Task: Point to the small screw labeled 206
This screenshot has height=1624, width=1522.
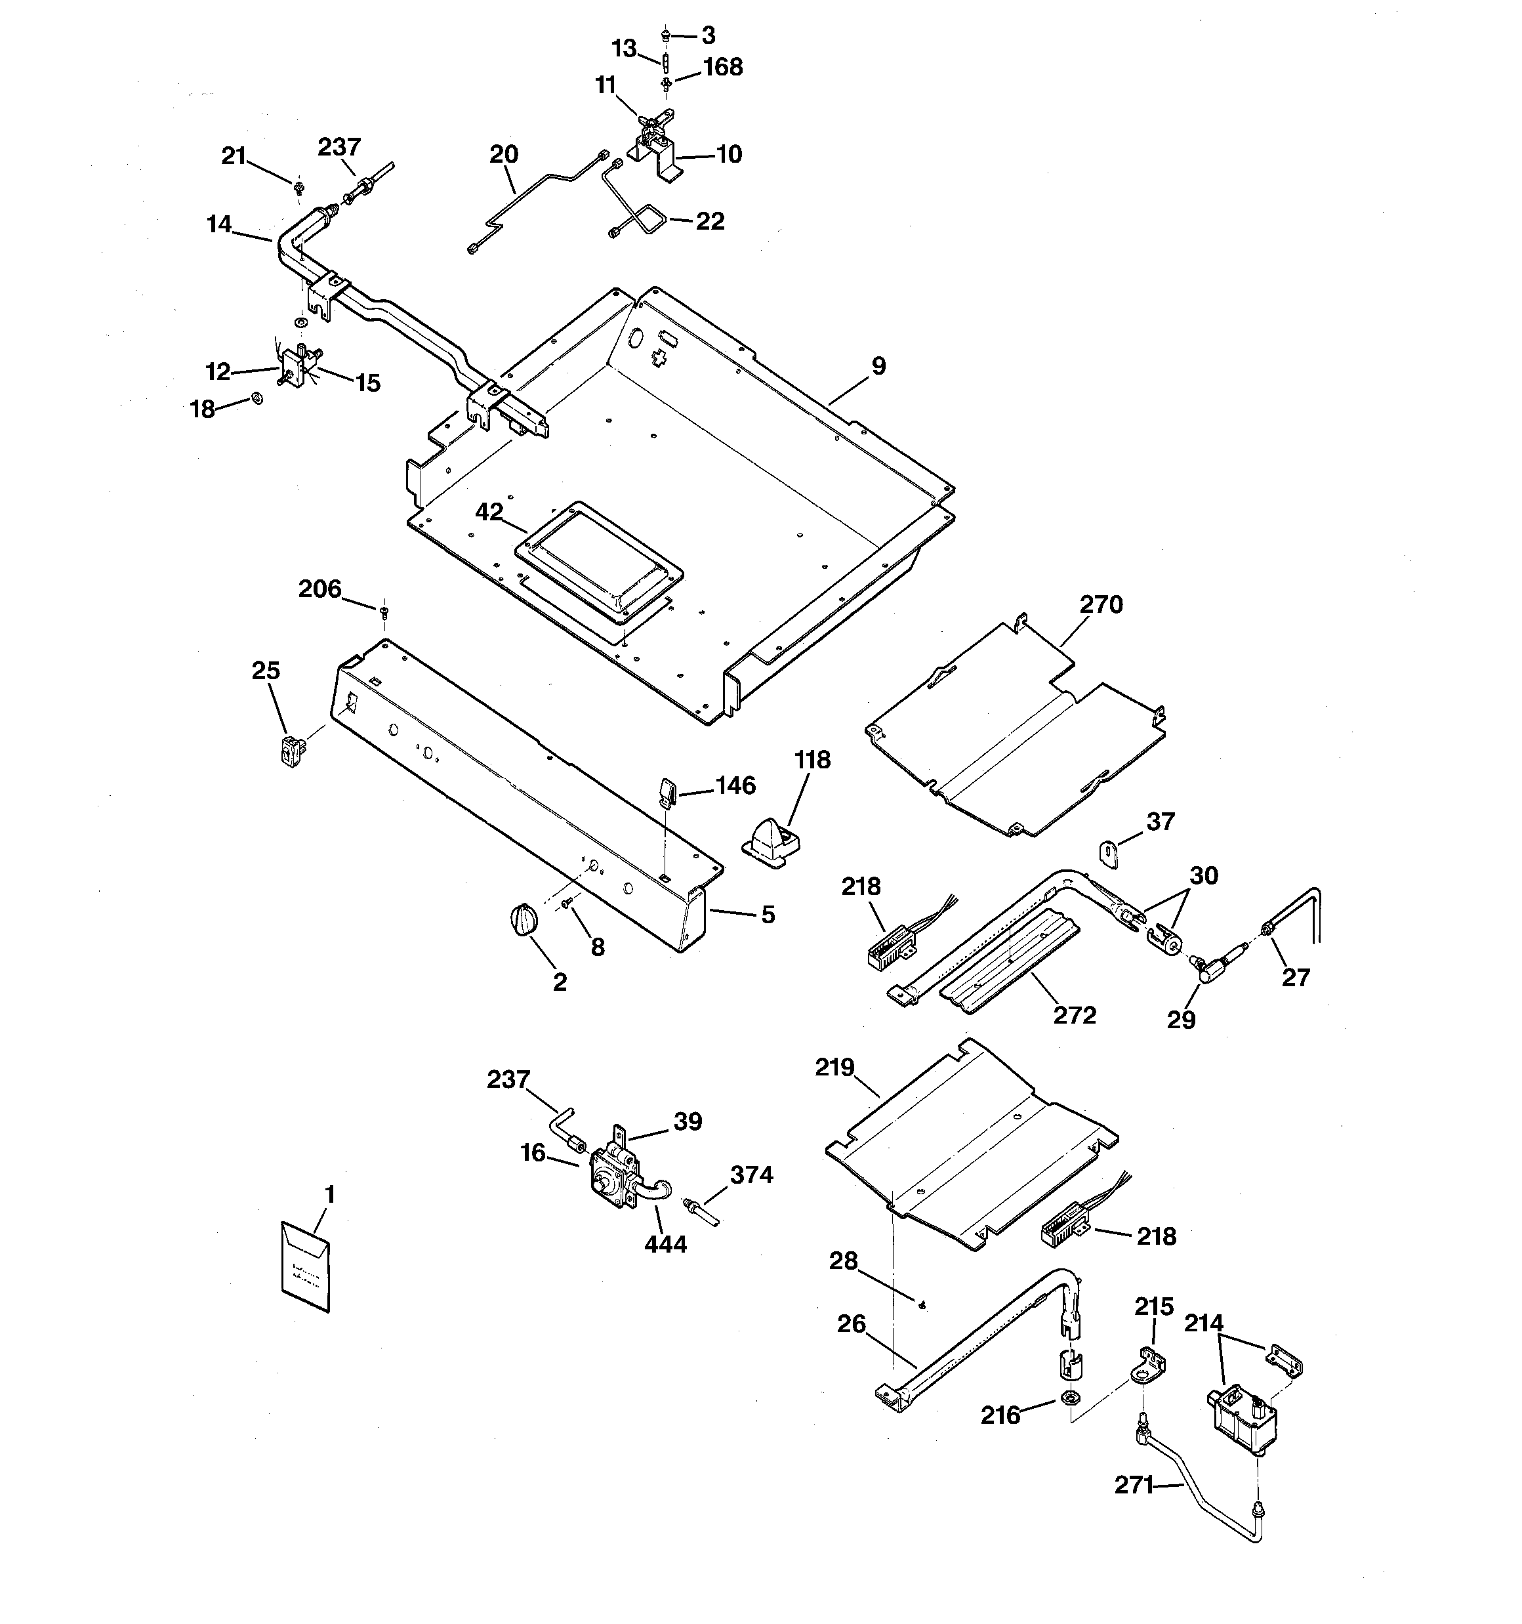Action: [383, 610]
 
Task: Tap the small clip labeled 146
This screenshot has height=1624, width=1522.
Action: [666, 791]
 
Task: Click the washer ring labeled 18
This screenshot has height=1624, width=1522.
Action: [257, 398]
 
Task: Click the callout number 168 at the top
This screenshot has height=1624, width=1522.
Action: [722, 67]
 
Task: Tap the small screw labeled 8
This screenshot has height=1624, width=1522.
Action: [567, 904]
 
